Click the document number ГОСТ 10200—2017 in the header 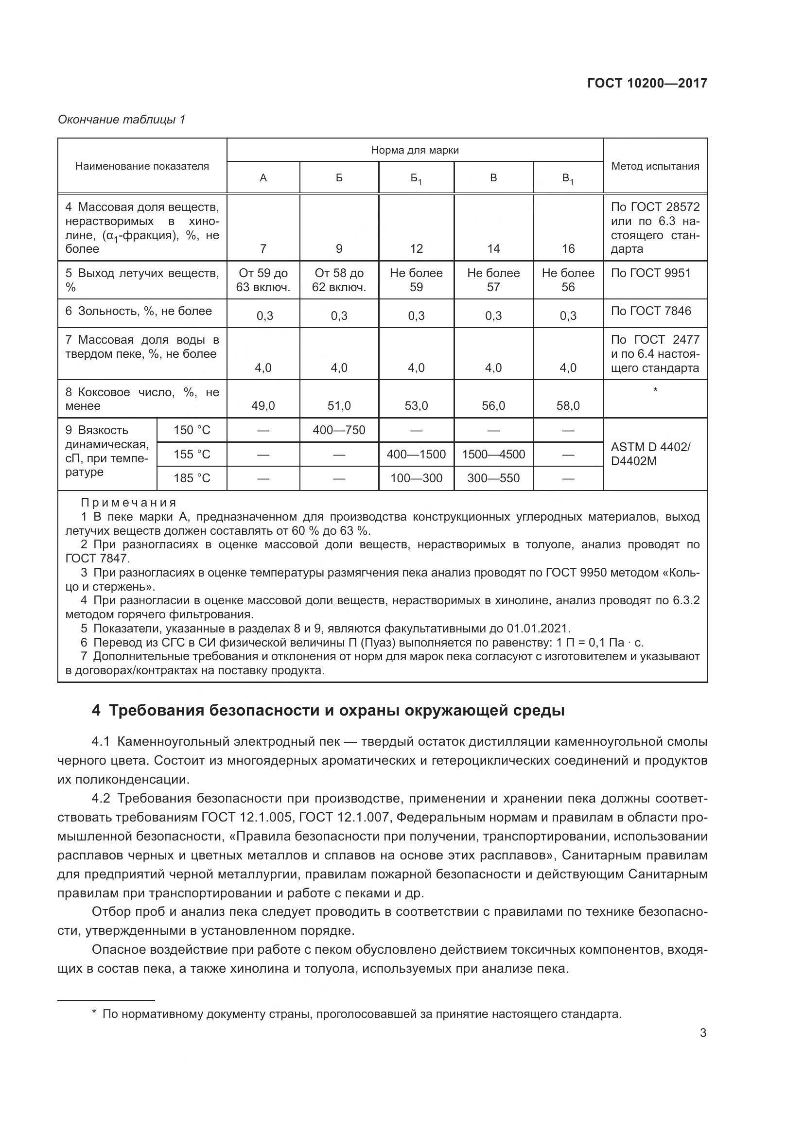point(647,83)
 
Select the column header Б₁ point(416,178)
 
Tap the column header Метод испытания point(655,166)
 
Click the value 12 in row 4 point(417,248)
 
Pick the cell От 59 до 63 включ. point(263,280)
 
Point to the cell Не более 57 point(493,280)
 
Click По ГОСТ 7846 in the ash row point(650,311)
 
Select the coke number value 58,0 point(568,406)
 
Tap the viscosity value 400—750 point(339,430)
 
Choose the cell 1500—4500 point(493,454)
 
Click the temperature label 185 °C point(192,478)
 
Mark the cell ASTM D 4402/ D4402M point(649,454)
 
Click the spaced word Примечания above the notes point(128,503)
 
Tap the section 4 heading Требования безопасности point(328,711)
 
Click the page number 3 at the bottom point(703,1033)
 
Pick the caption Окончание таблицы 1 point(122,120)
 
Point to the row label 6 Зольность point(139,311)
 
